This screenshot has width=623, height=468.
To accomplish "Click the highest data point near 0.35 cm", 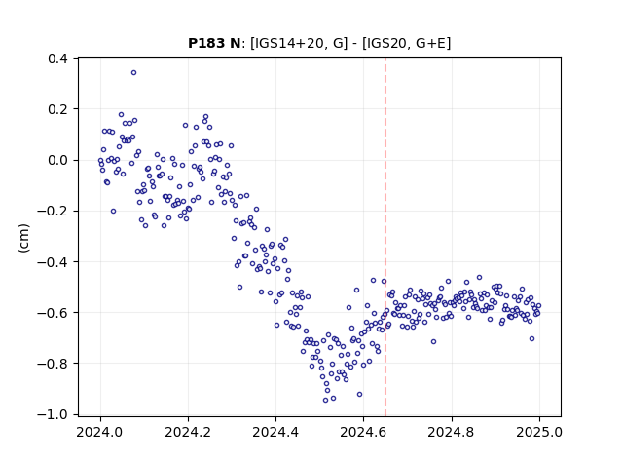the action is tap(134, 73).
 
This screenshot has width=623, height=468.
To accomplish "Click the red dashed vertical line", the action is tap(385, 237).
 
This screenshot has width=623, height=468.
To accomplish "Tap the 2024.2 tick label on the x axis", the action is tap(188, 432).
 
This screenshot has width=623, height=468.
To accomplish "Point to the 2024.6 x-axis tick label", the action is tap(363, 432).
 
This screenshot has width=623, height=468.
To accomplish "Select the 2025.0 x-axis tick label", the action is tap(539, 432).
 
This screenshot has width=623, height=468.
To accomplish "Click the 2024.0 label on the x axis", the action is tap(100, 432).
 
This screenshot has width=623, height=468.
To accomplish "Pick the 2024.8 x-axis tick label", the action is tap(451, 432).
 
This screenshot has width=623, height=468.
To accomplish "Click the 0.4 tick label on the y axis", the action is tap(58, 58).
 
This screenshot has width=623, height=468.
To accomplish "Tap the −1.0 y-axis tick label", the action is tap(53, 414).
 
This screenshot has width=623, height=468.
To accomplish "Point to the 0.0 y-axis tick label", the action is tap(58, 160).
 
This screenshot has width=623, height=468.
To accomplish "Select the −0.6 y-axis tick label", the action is tap(53, 312).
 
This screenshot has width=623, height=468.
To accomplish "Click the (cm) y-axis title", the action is tap(23, 238).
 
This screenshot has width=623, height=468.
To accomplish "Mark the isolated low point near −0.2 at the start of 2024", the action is tap(113, 212).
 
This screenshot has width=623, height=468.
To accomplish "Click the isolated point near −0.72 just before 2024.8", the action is tap(433, 342).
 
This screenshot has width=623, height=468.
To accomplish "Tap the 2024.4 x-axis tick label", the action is tap(275, 432).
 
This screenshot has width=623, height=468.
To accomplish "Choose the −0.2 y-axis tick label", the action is tap(53, 211).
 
